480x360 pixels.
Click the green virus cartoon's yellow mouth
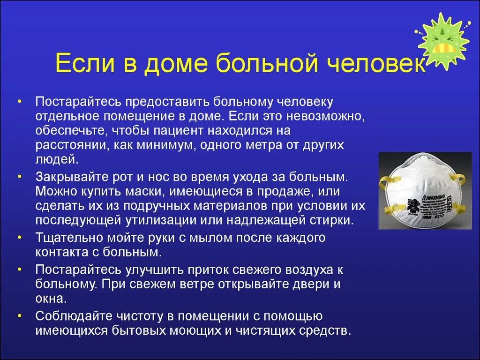point(442,48)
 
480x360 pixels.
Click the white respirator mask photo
point(425,190)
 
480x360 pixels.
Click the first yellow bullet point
point(19,102)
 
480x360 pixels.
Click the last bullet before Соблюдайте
point(19,315)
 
